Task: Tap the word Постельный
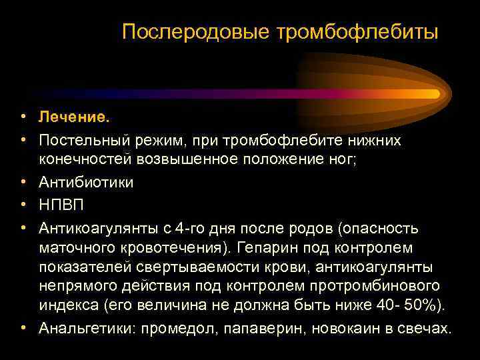click(x=85, y=140)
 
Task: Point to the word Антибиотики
click(x=86, y=183)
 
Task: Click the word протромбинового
click(x=383, y=286)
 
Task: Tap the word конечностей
click(x=86, y=160)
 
